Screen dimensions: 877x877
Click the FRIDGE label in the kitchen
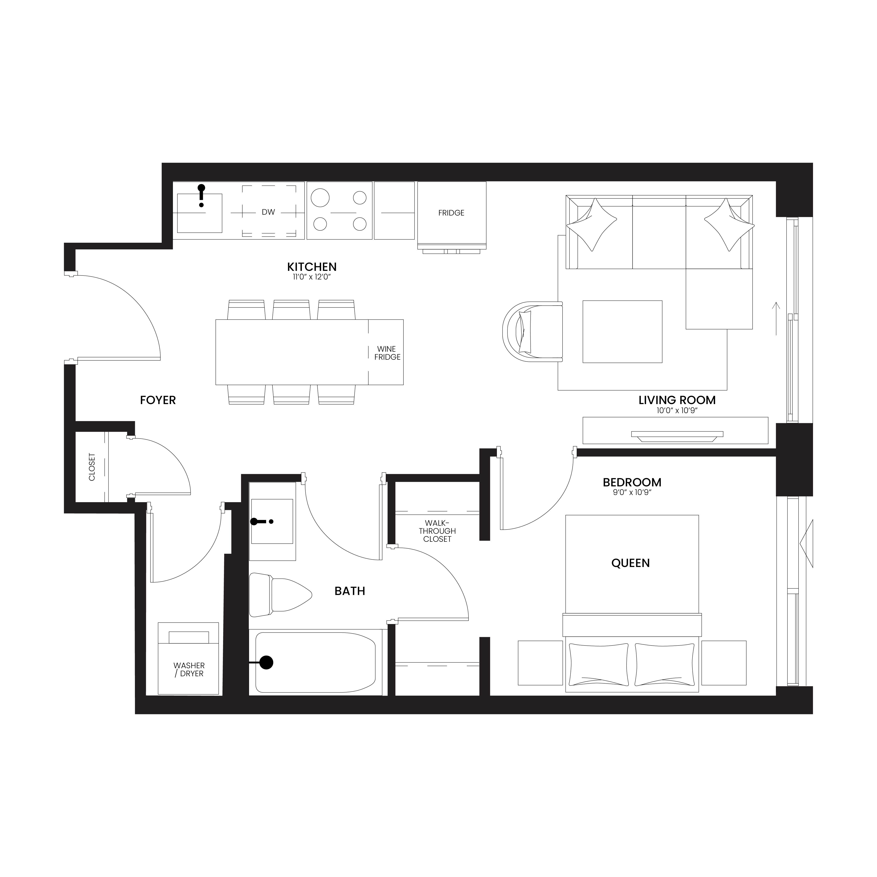[451, 213]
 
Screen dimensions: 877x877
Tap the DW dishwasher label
[268, 212]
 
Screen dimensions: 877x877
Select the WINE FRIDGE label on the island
[387, 353]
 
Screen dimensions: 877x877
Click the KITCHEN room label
[312, 267]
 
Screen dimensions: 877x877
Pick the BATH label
[350, 591]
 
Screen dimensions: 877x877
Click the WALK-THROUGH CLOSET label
[437, 531]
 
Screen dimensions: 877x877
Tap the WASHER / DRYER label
[189, 669]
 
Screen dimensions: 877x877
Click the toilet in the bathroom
[280, 595]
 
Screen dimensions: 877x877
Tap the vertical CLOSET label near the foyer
[92, 467]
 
